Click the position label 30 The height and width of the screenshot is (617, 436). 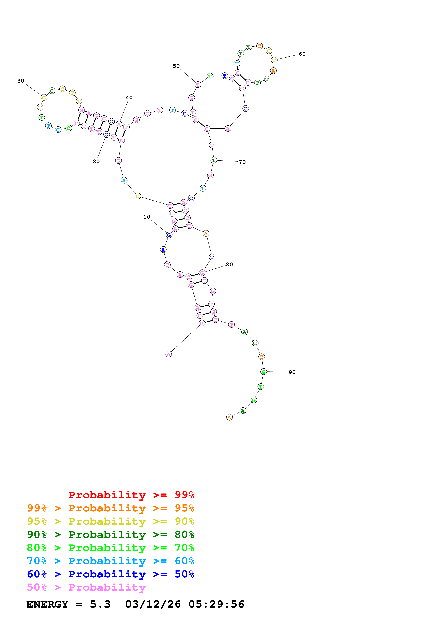click(21, 81)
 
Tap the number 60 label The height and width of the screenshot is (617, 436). click(302, 54)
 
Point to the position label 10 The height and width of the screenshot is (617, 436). click(147, 217)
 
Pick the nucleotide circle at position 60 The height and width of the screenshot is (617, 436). click(274, 60)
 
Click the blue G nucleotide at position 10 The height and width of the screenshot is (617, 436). click(169, 235)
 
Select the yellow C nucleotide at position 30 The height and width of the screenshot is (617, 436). click(44, 98)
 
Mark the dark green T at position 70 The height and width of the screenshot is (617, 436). click(214, 160)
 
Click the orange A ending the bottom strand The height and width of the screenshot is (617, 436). click(229, 417)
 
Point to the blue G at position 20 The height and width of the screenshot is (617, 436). click(106, 135)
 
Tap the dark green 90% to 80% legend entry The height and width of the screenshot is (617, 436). click(110, 535)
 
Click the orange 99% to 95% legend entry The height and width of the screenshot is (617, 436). click(110, 508)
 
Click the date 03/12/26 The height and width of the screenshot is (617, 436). click(153, 604)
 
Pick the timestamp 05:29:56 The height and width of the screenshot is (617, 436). click(216, 604)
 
